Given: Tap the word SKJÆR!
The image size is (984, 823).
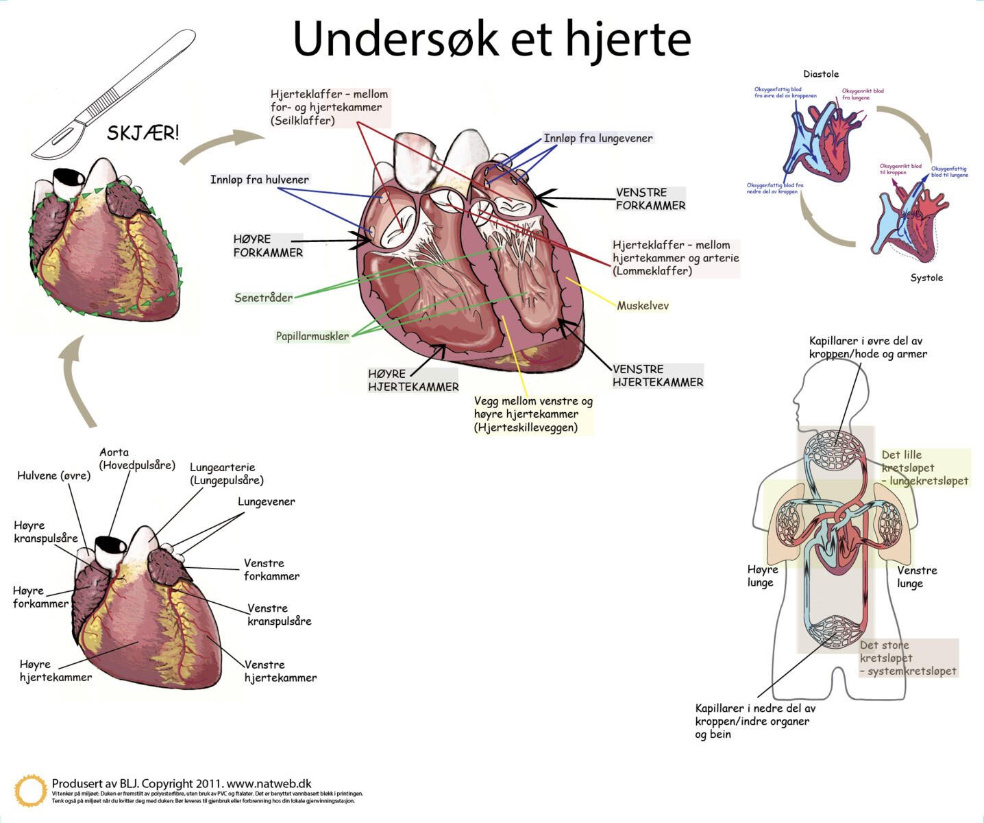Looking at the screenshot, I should click(143, 132).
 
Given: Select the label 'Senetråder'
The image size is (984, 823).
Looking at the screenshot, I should click(263, 298).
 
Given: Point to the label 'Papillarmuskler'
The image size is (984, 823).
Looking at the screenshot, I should click(312, 336).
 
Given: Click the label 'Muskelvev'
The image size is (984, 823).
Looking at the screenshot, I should click(642, 305).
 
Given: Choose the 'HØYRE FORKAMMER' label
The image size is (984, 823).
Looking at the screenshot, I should click(267, 246).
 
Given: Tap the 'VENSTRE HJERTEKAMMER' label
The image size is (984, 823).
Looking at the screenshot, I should click(657, 375).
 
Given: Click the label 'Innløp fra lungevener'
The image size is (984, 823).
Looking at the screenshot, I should click(598, 138).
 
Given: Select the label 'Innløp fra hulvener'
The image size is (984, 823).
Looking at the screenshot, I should click(259, 180).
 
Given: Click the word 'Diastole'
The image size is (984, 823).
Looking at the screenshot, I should click(820, 74).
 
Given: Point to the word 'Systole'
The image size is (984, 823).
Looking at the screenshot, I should click(926, 278).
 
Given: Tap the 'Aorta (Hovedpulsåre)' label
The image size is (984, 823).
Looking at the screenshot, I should click(136, 458).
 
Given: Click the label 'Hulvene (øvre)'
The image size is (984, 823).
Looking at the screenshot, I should click(53, 475).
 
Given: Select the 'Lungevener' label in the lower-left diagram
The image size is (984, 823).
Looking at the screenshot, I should click(266, 501).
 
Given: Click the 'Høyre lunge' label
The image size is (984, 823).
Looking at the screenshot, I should click(762, 575).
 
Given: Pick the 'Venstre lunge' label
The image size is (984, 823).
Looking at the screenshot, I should click(916, 576).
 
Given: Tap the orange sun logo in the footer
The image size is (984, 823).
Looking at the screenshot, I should click(31, 791).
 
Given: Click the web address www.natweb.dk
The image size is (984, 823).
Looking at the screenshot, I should click(269, 783).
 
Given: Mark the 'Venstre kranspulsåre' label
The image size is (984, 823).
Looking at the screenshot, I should click(279, 615).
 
